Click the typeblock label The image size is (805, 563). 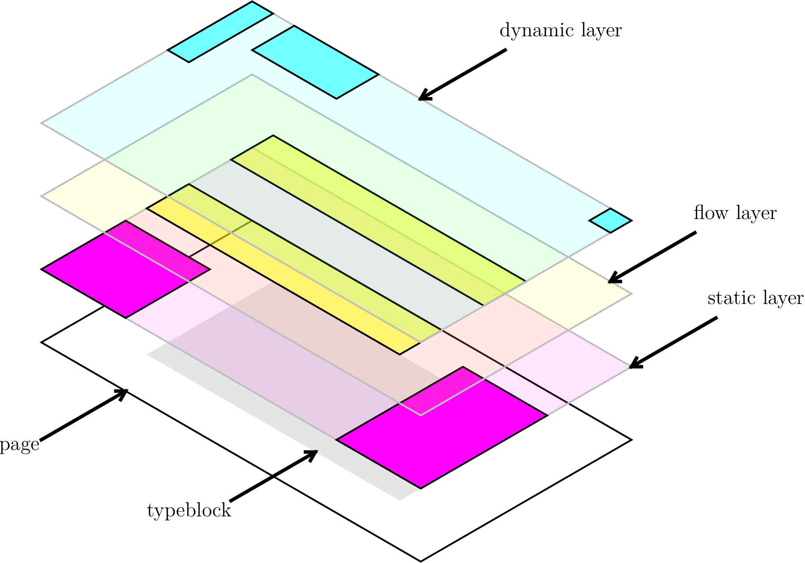click(x=189, y=511)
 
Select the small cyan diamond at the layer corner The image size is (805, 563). click(x=610, y=221)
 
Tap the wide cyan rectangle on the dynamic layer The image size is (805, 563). click(x=315, y=62)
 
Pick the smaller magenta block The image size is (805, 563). click(x=126, y=269)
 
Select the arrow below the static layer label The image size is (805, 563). click(x=673, y=342)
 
